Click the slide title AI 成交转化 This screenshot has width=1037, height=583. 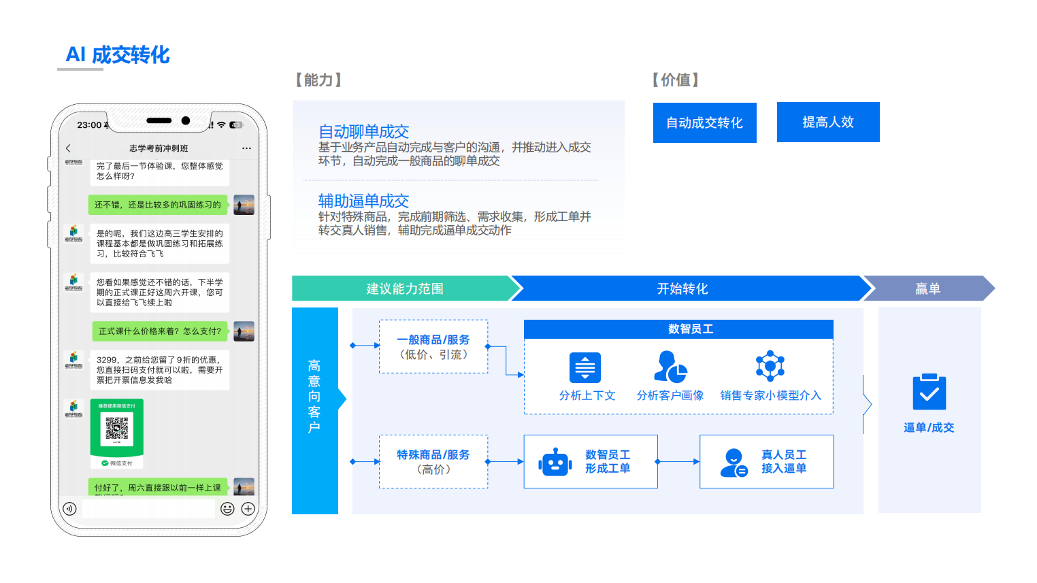118,55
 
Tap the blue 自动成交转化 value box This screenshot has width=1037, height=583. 704,123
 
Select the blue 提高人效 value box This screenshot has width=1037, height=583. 827,122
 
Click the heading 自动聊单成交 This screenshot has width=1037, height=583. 363,131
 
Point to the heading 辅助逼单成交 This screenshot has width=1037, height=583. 363,201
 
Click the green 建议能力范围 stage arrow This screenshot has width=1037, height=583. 404,288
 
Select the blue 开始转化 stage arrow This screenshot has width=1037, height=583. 682,288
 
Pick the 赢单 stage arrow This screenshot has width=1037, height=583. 927,288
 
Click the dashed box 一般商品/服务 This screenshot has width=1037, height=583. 433,347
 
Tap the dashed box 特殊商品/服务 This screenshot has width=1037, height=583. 433,462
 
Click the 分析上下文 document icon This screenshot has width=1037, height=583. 585,368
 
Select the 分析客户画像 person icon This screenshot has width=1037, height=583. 670,367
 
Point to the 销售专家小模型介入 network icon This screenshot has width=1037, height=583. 770,366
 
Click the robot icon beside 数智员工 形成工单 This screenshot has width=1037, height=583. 555,463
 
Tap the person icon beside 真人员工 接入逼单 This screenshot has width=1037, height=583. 734,463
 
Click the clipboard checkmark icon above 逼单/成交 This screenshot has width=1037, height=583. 929,392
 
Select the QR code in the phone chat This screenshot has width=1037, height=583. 117,428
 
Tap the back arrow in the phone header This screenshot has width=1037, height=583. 68,148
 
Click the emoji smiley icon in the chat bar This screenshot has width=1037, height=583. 227,509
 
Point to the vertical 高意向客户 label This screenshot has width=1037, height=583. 314,397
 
